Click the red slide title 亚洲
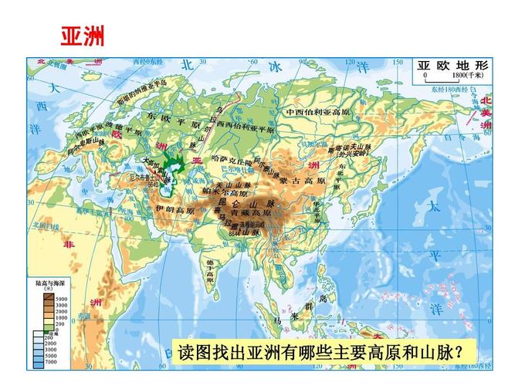click(82, 36)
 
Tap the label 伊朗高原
click(174, 209)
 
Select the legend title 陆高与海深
click(46, 283)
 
